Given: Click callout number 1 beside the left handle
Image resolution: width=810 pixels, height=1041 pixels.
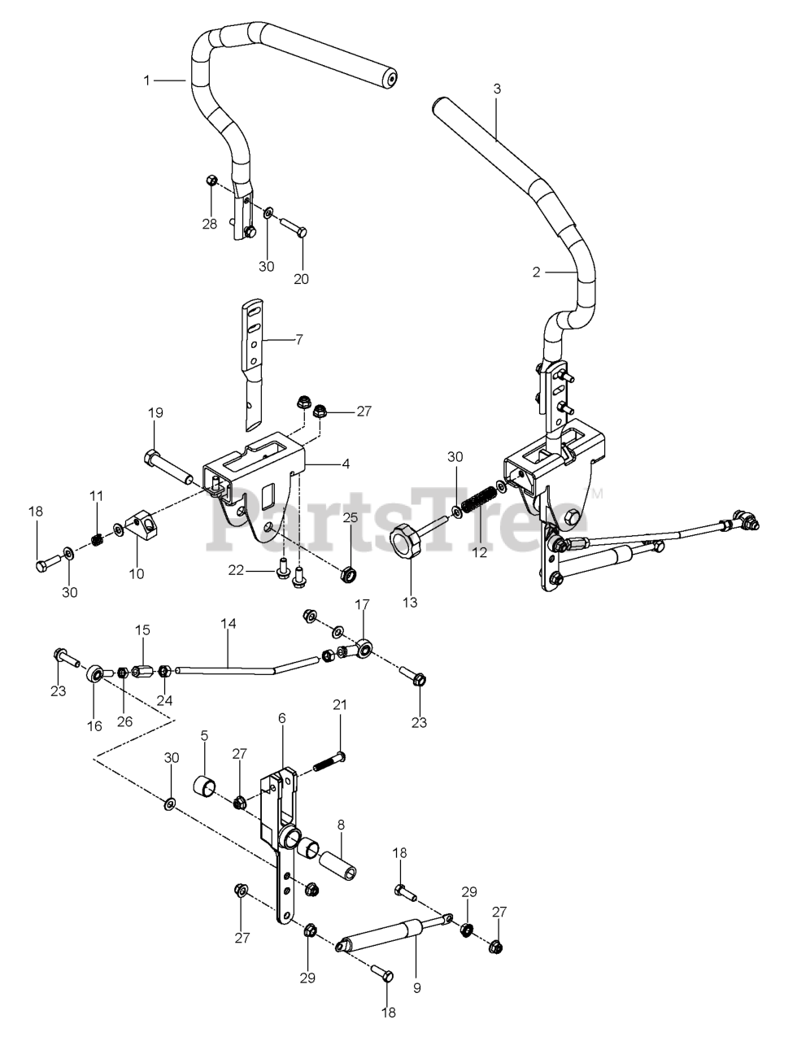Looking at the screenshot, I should point(147,80).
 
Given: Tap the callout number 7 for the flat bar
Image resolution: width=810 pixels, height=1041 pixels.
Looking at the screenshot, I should point(298,339).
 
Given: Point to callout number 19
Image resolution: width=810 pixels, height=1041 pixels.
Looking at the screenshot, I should point(155,413).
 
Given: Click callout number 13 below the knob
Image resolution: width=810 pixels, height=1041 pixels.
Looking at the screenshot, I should point(409,603).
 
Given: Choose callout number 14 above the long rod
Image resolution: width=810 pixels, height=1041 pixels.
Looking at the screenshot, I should point(228,624).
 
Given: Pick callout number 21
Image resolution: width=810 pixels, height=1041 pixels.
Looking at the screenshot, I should point(339,705).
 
